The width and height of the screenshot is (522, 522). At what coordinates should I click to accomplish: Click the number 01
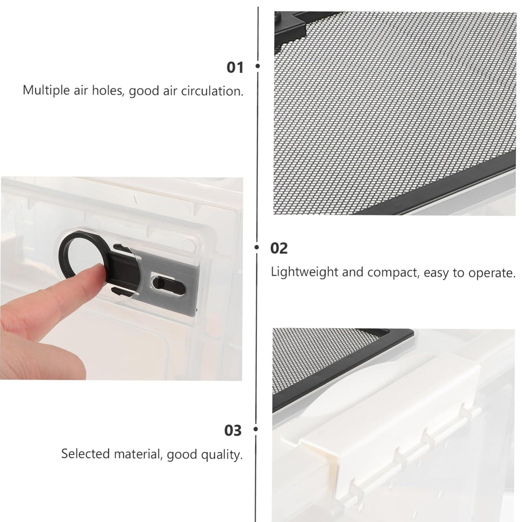235,67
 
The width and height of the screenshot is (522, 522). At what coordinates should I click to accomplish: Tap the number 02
279,248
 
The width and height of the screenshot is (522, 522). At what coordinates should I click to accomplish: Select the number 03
233,431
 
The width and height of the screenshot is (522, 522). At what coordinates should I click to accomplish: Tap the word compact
392,273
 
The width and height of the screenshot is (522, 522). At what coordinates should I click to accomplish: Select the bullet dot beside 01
258,66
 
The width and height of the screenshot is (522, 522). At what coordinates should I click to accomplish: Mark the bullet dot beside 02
257,247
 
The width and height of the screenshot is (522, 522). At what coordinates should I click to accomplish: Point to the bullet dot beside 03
256,429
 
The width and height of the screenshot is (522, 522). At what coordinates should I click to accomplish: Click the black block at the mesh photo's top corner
290,23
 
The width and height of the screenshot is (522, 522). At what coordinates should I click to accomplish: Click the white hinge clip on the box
379,433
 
